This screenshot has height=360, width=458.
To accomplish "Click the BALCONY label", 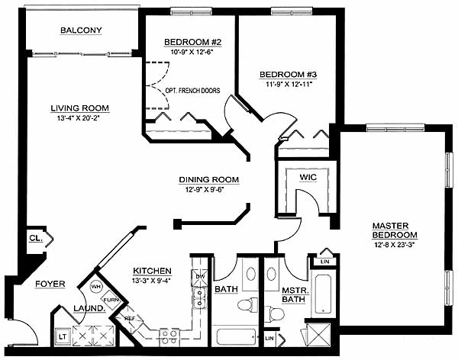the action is [x=81, y=30].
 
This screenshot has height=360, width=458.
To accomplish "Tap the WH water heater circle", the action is [x=96, y=287].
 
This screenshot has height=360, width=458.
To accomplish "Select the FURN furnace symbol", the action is [x=111, y=300].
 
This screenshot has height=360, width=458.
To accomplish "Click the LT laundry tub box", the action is [x=63, y=336].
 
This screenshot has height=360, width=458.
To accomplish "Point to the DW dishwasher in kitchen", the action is [x=200, y=277].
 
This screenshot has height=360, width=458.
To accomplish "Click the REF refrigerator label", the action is [x=129, y=319].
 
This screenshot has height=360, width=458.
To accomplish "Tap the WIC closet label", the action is [x=308, y=177].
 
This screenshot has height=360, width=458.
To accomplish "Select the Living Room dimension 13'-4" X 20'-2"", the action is [x=79, y=118].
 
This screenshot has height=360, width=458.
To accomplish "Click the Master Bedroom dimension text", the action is [x=395, y=245].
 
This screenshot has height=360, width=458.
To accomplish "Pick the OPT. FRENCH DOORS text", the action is [x=192, y=91].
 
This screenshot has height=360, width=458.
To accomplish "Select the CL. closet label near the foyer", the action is [x=36, y=238].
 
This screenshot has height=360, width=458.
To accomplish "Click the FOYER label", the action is [x=50, y=284].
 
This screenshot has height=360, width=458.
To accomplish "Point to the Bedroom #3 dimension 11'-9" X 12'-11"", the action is [x=289, y=85].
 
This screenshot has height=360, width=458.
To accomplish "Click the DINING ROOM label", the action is [x=209, y=179].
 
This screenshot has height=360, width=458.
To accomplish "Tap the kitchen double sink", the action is [x=200, y=297].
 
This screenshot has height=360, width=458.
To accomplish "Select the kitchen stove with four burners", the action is [x=169, y=337].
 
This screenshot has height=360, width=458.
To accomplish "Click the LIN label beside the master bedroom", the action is [x=325, y=262].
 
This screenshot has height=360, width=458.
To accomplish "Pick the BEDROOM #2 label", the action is [x=193, y=42].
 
